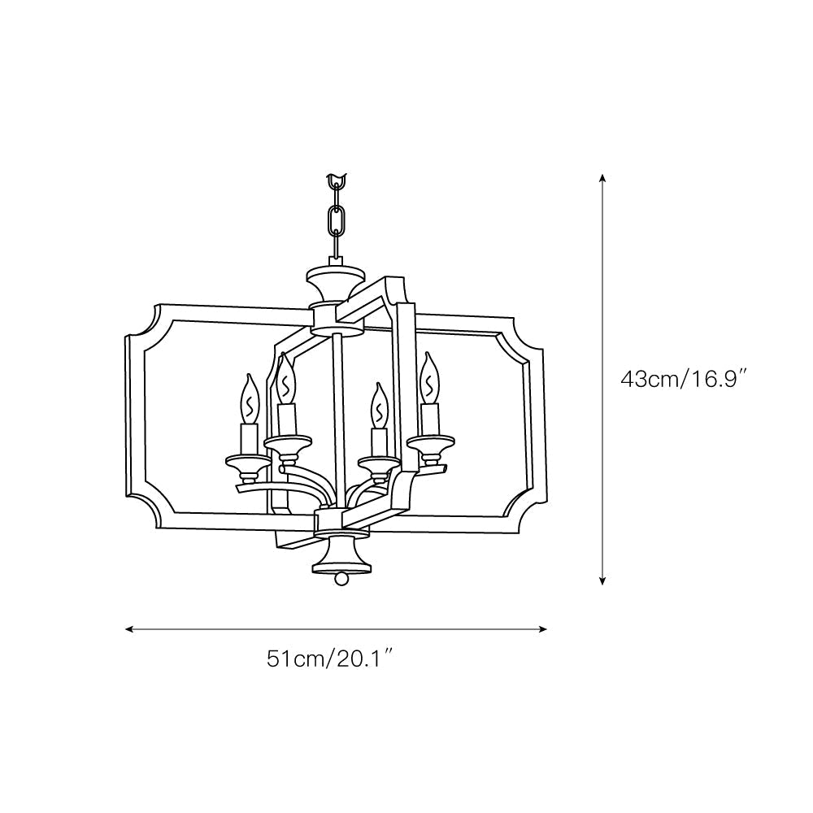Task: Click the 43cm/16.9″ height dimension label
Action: [x=684, y=379]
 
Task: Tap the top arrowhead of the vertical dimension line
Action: [x=602, y=177]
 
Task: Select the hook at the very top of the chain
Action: [x=336, y=179]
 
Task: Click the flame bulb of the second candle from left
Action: [x=285, y=379]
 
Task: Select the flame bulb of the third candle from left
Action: [x=378, y=403]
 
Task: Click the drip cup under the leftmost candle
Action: [x=248, y=462]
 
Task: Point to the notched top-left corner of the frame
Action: [x=144, y=325]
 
